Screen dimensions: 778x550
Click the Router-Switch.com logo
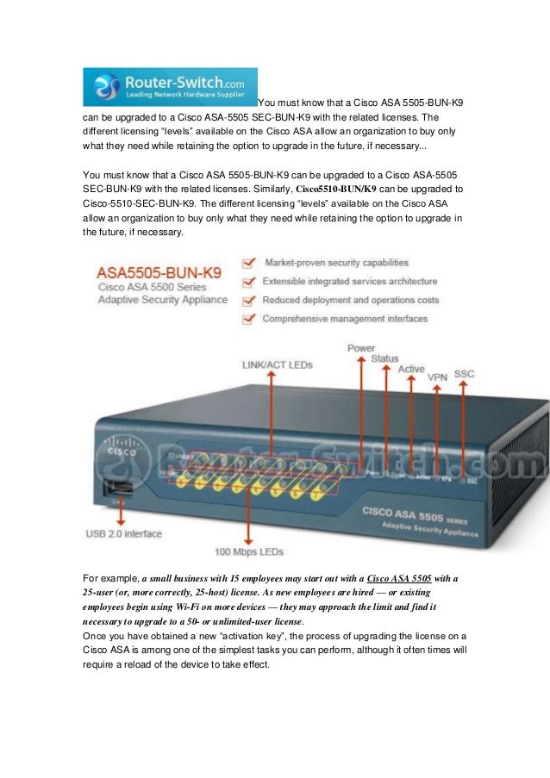click(x=170, y=87)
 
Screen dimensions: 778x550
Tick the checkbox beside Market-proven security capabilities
click(x=248, y=261)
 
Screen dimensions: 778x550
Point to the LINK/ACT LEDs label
click(x=278, y=364)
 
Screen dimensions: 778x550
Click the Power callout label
click(x=361, y=348)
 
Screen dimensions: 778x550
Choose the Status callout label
click(x=384, y=358)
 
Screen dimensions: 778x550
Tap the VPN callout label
click(x=437, y=377)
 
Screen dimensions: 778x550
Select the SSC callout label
click(x=464, y=374)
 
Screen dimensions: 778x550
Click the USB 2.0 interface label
click(x=123, y=533)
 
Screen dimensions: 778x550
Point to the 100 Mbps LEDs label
click(x=250, y=551)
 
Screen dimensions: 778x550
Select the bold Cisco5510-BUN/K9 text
click(x=337, y=188)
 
